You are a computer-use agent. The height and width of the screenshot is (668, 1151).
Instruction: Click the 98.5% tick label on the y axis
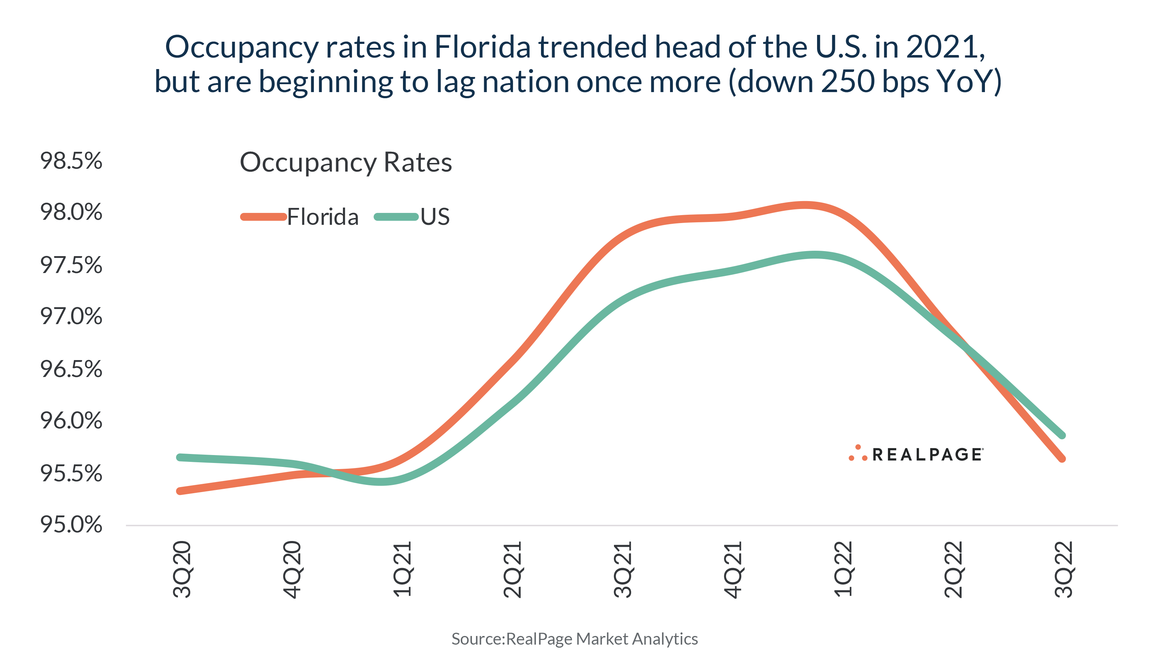pos(71,161)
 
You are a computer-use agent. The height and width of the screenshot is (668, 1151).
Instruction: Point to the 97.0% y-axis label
pos(71,317)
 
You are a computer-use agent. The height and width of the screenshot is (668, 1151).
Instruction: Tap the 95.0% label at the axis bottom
pos(71,524)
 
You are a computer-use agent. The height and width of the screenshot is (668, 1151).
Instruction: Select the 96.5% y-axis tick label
pos(71,369)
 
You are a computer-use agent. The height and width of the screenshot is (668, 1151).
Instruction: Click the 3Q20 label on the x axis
pos(182,569)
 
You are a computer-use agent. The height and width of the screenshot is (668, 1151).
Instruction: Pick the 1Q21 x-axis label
pos(402,569)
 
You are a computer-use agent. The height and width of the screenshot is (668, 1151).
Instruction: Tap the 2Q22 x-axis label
pos(953,569)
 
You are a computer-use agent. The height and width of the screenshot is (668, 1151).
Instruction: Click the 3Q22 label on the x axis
pos(1063,569)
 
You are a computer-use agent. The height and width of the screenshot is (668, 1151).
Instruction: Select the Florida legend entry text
pos(322,217)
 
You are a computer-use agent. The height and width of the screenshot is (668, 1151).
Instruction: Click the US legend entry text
pos(435,217)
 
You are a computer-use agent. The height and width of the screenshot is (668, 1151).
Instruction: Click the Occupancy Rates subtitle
pos(346,162)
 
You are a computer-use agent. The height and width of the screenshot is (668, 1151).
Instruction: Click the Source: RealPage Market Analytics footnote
pos(574,639)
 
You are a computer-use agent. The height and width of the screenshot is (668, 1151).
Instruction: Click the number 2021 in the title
pos(945,47)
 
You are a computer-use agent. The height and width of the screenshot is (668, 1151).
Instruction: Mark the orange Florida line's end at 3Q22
pos(1062,459)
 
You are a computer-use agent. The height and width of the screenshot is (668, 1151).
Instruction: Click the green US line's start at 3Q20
pos(180,457)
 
